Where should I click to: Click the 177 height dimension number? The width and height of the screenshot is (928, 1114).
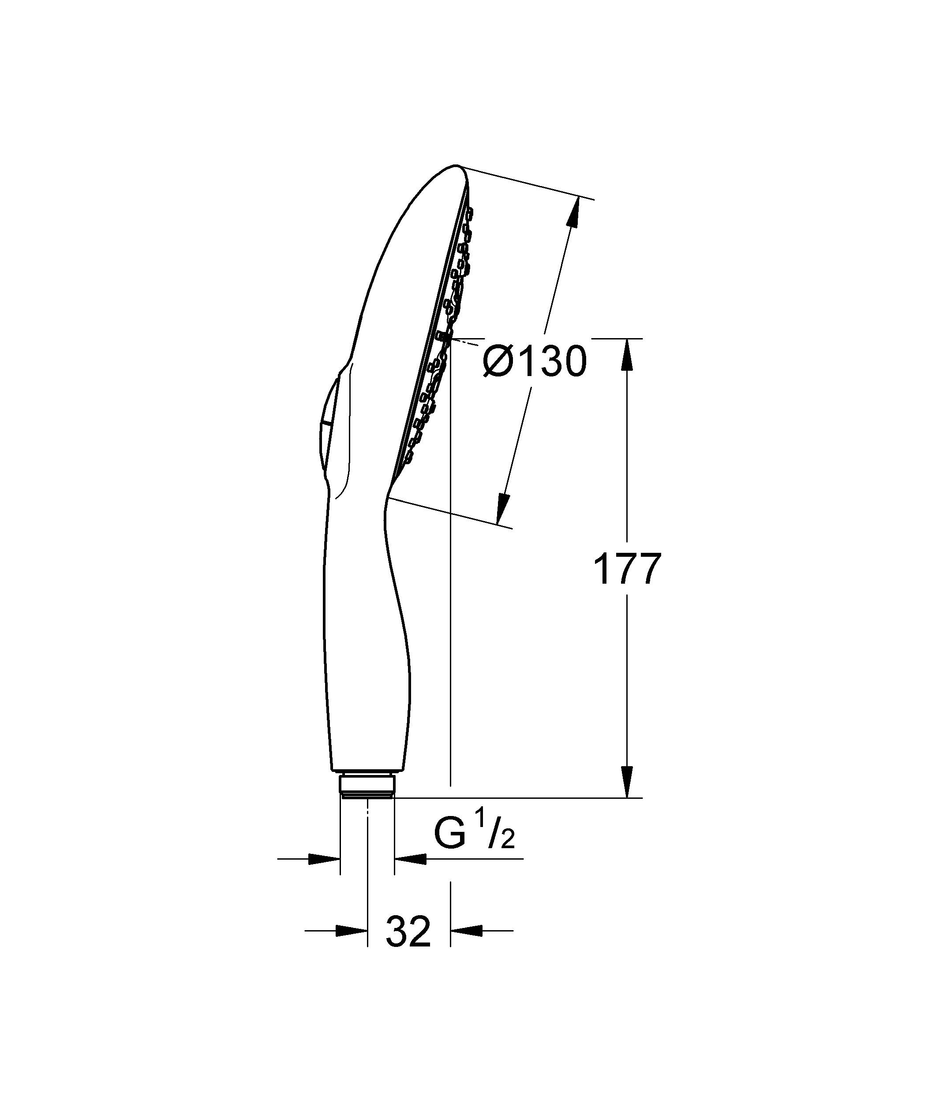(x=627, y=569)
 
